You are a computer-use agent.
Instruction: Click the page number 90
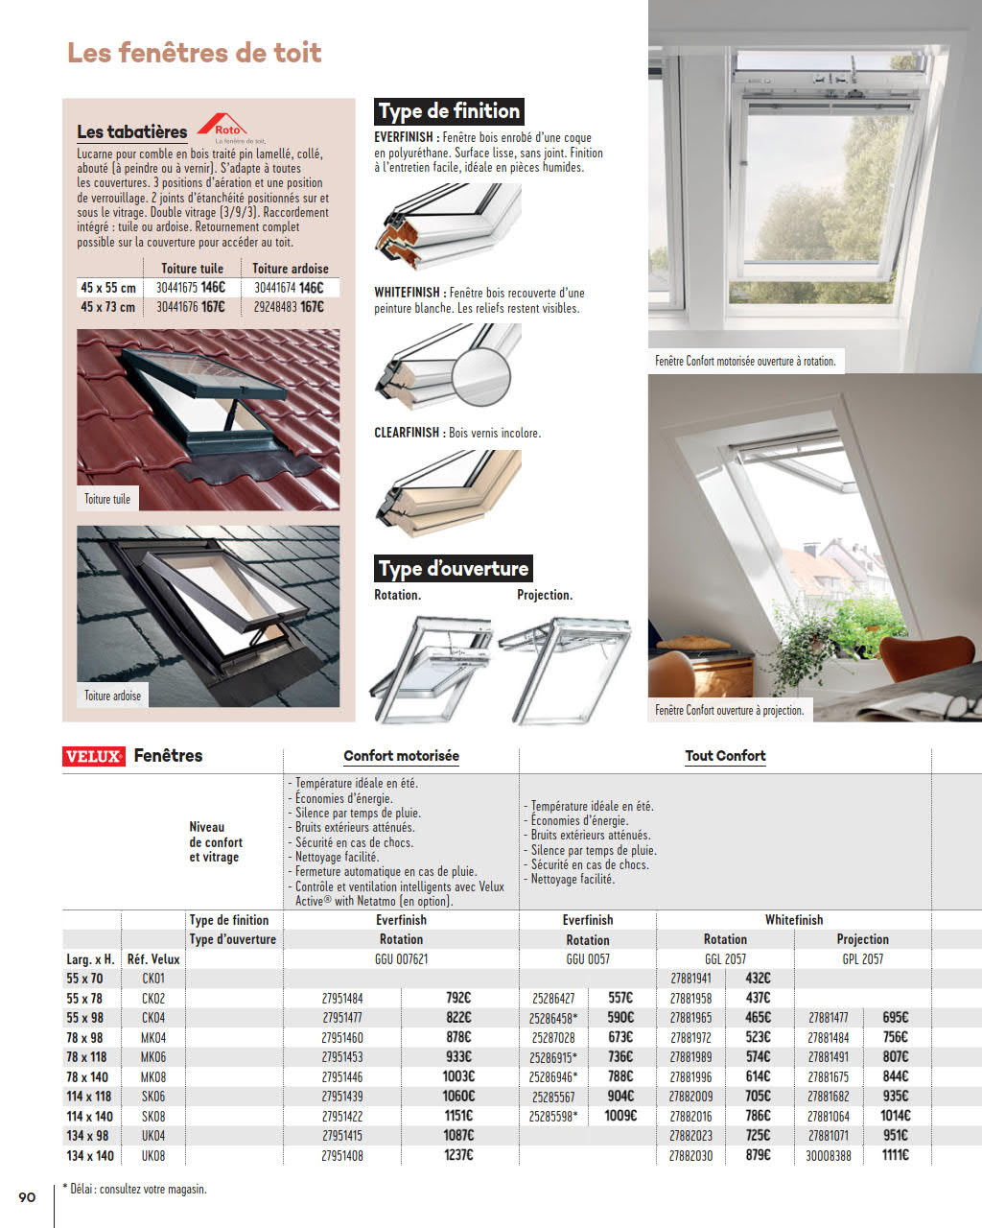coord(27,1196)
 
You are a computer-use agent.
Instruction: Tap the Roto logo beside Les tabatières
coord(222,128)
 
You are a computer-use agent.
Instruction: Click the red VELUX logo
coord(94,757)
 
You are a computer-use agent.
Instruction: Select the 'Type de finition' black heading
coord(449,111)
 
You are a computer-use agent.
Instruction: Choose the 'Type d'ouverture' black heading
coord(454,569)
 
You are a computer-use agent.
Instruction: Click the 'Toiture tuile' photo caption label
coord(107,499)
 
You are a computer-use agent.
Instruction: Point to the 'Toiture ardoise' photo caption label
coord(112,696)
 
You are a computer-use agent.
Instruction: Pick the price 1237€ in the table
coord(458,1155)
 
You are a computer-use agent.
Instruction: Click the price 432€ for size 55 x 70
coord(758,979)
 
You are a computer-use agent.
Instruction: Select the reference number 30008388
coord(828,1155)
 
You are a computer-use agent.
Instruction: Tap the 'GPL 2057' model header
coord(862,959)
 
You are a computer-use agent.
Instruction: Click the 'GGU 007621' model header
coord(401,959)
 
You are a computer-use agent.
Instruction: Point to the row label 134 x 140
coord(90,1156)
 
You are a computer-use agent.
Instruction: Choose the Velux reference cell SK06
coord(153,1097)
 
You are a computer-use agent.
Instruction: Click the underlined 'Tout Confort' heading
coord(725,756)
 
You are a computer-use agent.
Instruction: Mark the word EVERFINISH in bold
coord(404,138)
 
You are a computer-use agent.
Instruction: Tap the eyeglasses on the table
coord(959,707)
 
